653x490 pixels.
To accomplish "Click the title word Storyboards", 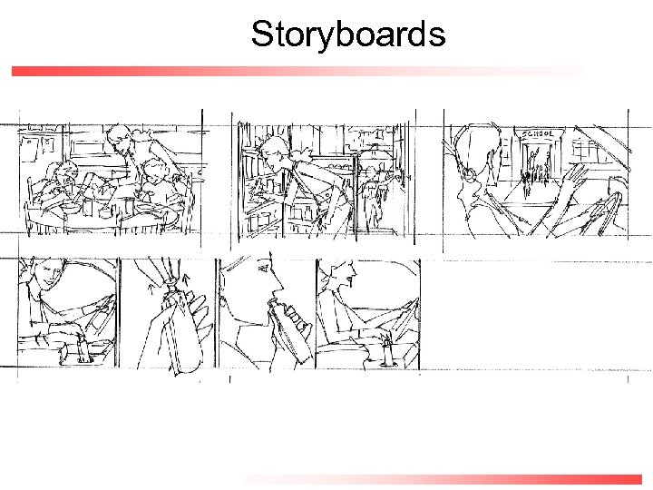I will [x=348, y=34].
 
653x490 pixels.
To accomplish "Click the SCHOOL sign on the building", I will [x=537, y=134].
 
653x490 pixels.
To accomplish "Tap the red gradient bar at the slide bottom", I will [x=444, y=479].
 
